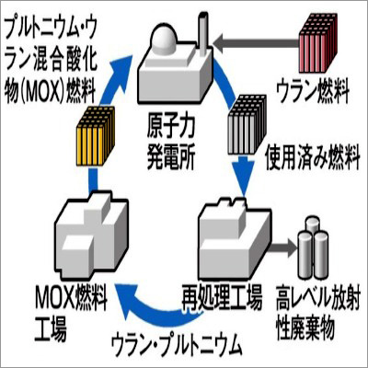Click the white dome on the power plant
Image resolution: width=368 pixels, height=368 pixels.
(x=164, y=38)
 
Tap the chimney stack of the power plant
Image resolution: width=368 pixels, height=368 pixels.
(x=202, y=34)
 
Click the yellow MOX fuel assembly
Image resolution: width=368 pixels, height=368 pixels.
(x=96, y=135)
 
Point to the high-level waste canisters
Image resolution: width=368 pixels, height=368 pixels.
(x=313, y=247)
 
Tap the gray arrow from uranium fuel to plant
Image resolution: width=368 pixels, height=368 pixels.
(x=257, y=43)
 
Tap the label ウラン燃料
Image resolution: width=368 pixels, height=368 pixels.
(x=313, y=91)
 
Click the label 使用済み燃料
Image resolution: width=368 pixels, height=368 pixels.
(x=313, y=159)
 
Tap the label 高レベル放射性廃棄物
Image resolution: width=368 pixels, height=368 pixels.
(x=317, y=314)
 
